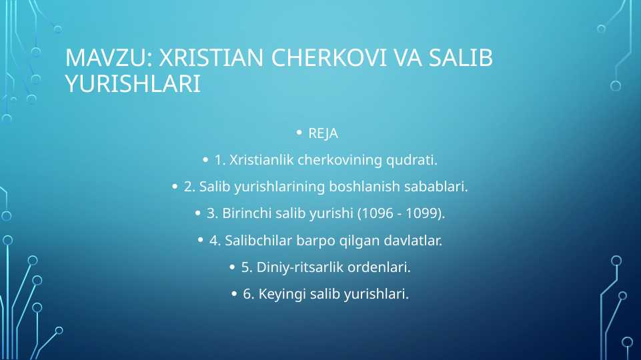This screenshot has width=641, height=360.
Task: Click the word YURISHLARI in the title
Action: point(133,83)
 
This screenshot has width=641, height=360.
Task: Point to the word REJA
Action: point(323,134)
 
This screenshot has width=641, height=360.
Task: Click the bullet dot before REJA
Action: point(299,133)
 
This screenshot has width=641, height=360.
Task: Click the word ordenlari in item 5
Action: point(380,268)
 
